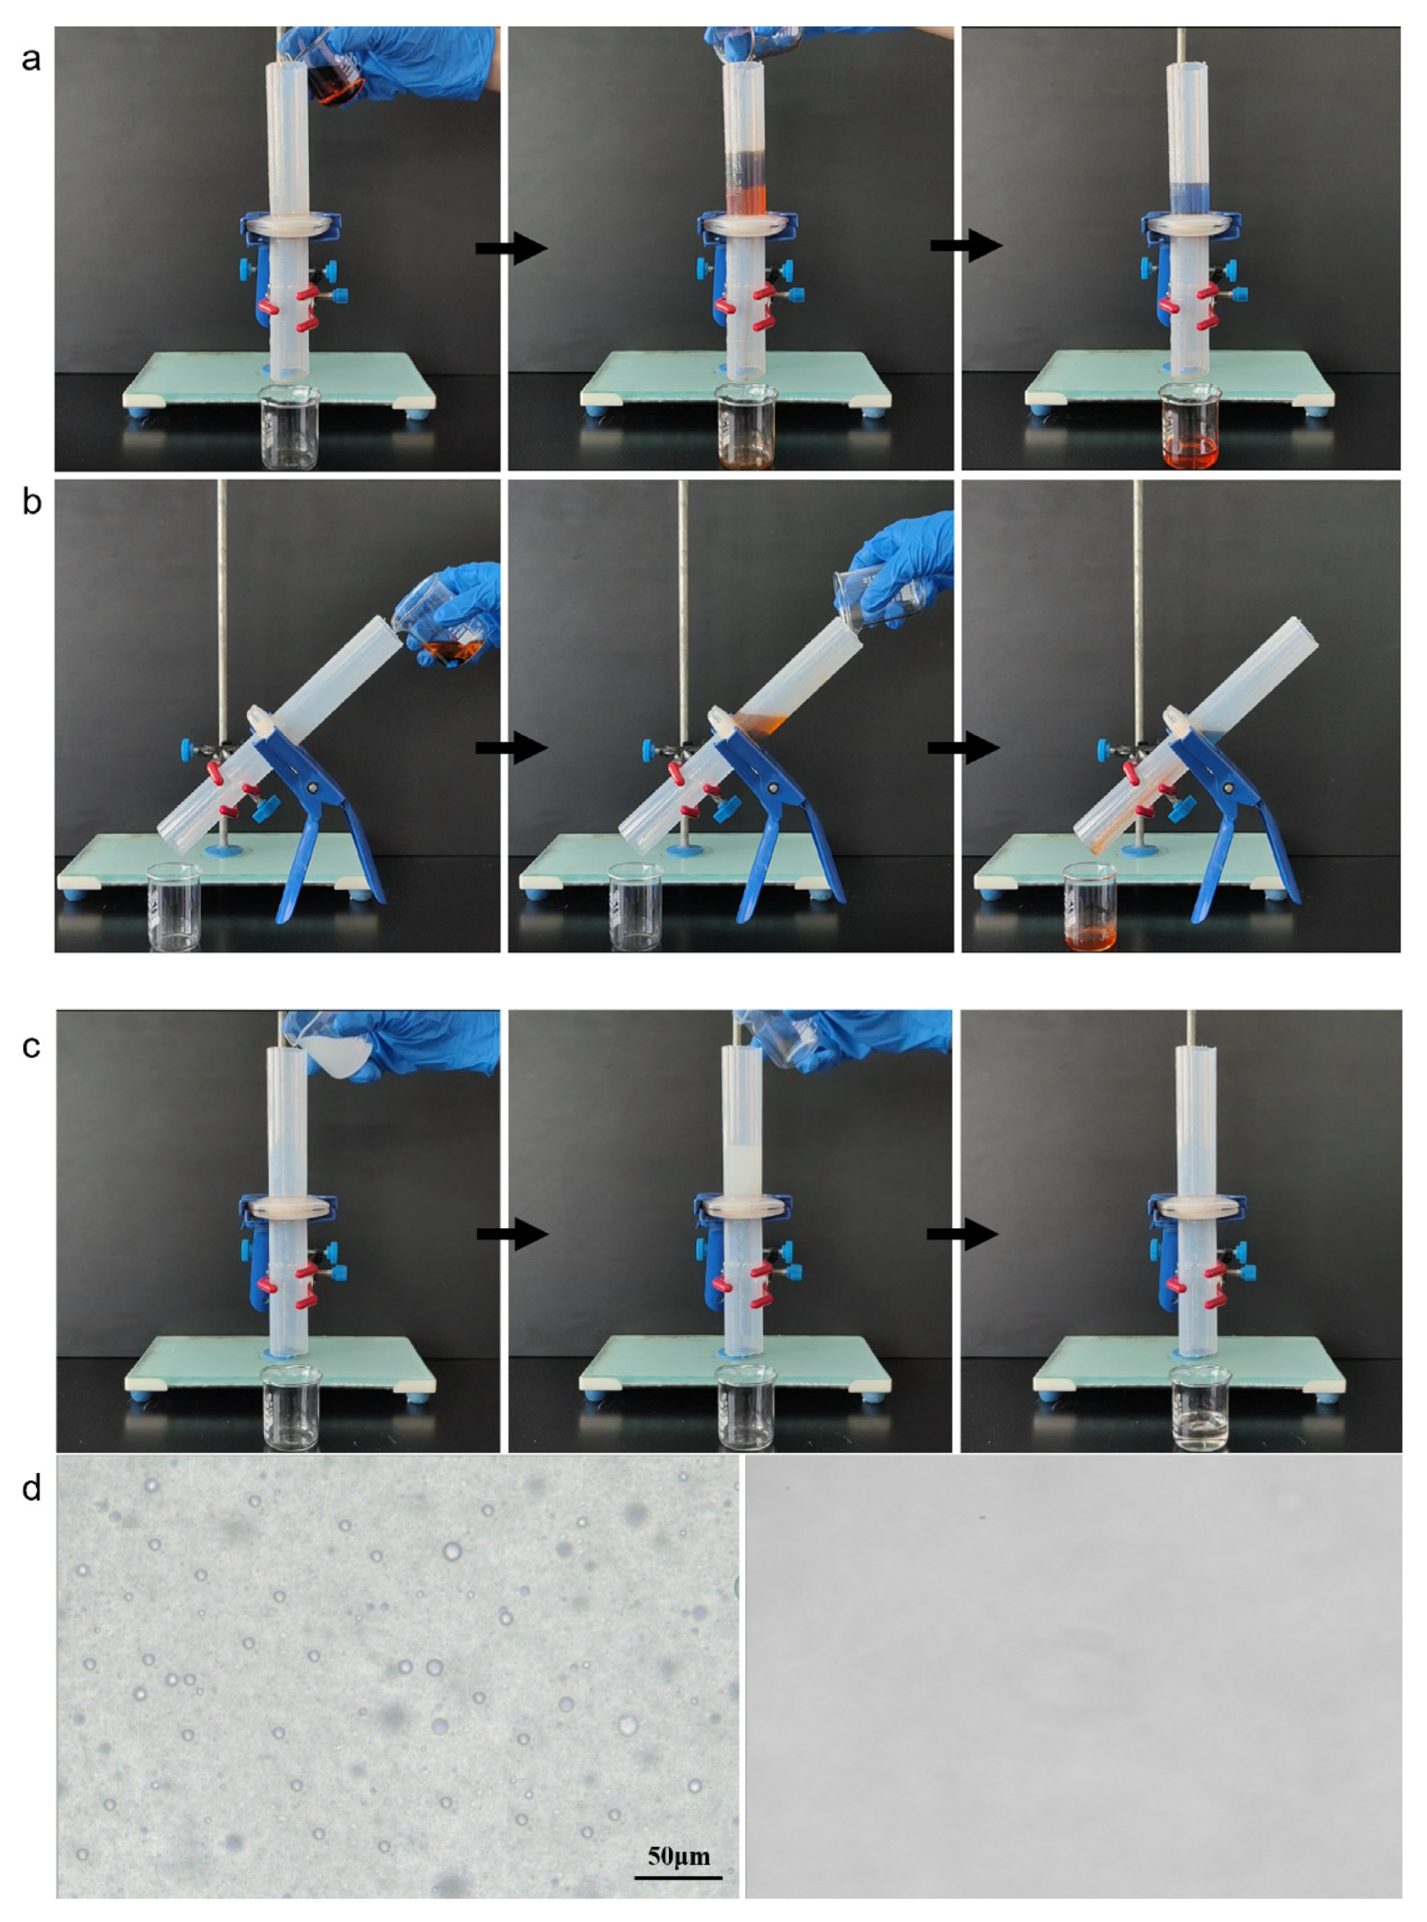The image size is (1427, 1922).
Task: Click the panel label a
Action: pyautogui.click(x=31, y=60)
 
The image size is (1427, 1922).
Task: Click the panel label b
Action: pyautogui.click(x=31, y=501)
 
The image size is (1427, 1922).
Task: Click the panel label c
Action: pyautogui.click(x=31, y=1046)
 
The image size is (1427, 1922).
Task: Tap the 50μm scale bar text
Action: pyautogui.click(x=678, y=1855)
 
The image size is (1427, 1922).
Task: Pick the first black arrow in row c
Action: pyautogui.click(x=512, y=1233)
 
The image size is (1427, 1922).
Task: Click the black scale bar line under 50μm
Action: pyautogui.click(x=678, y=1877)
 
